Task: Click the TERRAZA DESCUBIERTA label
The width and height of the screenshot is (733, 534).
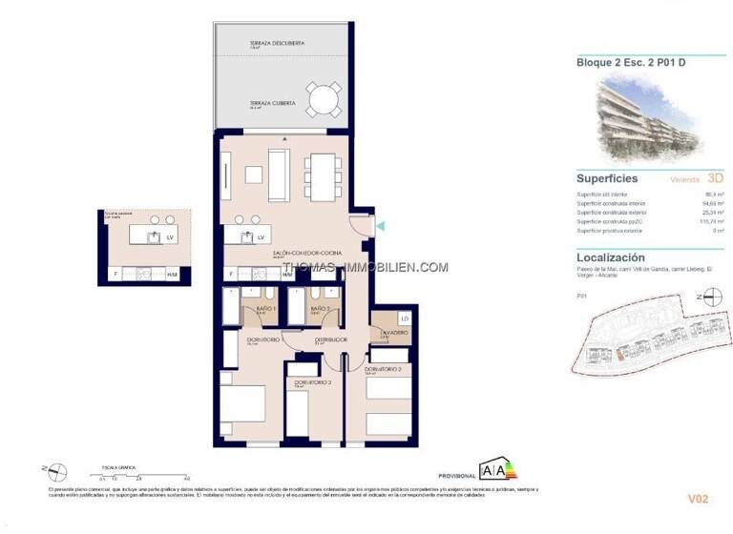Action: click(277, 43)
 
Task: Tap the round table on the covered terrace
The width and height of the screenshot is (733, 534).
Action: click(323, 98)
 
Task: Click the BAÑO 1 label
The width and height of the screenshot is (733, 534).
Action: click(265, 309)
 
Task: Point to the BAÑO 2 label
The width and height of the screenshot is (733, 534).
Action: click(320, 309)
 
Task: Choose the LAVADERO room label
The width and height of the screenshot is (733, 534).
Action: click(393, 333)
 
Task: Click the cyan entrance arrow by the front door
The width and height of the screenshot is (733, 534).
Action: click(381, 226)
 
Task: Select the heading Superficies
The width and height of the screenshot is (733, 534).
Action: click(607, 178)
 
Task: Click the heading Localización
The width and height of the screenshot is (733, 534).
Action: click(611, 257)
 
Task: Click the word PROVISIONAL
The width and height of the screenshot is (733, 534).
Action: click(456, 475)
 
